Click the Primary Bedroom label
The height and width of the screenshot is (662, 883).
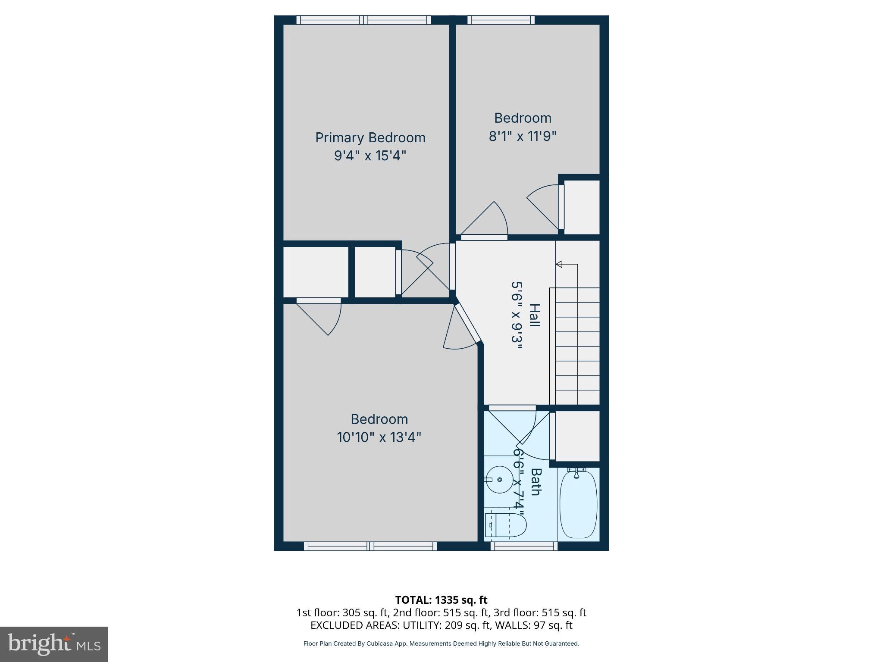point(370,137)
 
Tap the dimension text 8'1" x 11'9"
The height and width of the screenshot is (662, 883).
point(522,136)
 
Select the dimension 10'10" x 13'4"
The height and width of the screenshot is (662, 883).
point(379,437)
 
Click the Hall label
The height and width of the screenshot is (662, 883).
point(534,315)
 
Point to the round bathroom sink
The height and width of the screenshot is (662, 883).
point(499,479)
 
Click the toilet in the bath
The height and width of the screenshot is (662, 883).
point(506,525)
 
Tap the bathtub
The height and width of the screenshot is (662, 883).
point(578,503)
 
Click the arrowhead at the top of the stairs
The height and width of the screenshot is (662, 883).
point(559,264)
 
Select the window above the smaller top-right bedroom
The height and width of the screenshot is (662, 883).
point(501,20)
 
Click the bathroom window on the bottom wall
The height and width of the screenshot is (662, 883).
point(524,546)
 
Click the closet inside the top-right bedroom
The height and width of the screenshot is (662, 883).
point(582,207)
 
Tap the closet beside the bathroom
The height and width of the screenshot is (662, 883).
point(577,436)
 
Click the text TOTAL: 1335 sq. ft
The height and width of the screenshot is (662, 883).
point(441,600)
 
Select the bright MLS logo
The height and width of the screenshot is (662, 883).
point(53,644)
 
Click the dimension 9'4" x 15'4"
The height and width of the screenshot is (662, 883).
point(370,155)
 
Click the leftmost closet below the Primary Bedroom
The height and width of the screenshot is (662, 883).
point(315,272)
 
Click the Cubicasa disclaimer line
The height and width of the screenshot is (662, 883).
point(441,643)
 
